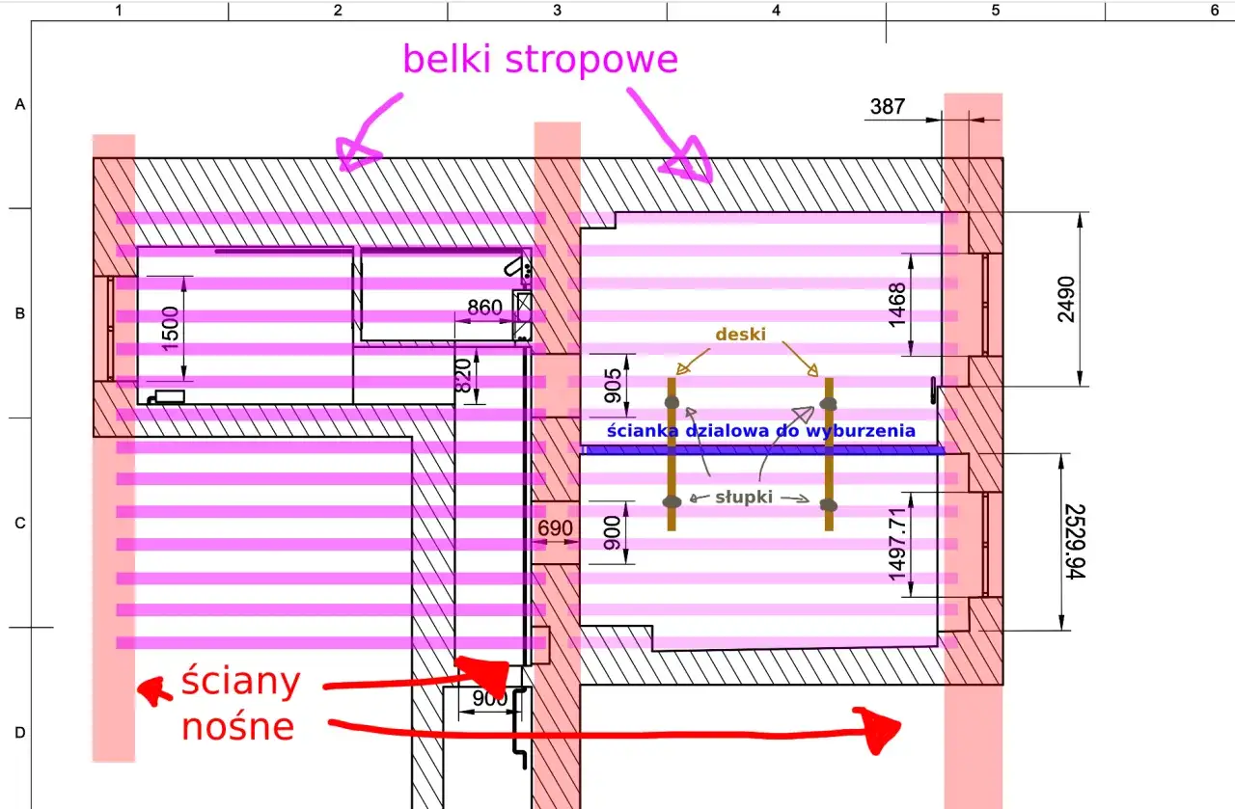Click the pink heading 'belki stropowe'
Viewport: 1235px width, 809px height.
[540, 60]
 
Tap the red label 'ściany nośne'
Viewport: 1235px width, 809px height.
[240, 705]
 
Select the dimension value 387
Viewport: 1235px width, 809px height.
[888, 106]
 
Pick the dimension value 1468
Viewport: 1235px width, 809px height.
[897, 305]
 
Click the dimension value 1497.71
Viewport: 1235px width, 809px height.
[898, 544]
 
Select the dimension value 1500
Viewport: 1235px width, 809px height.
[170, 329]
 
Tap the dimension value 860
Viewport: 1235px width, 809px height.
[484, 308]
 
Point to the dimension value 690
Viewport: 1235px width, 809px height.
[555, 529]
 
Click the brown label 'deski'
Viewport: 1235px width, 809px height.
[741, 335]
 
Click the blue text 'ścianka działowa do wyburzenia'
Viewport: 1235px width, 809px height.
[760, 431]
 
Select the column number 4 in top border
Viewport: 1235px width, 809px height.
[776, 10]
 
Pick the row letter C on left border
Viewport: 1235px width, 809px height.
[19, 524]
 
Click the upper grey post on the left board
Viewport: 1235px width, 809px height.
[672, 401]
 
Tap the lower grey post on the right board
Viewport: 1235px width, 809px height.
[827, 504]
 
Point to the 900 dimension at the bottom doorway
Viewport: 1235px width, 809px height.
[490, 699]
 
